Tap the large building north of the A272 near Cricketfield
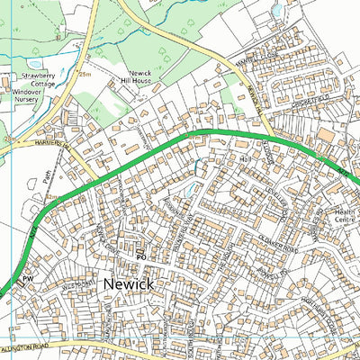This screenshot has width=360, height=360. [324, 135]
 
